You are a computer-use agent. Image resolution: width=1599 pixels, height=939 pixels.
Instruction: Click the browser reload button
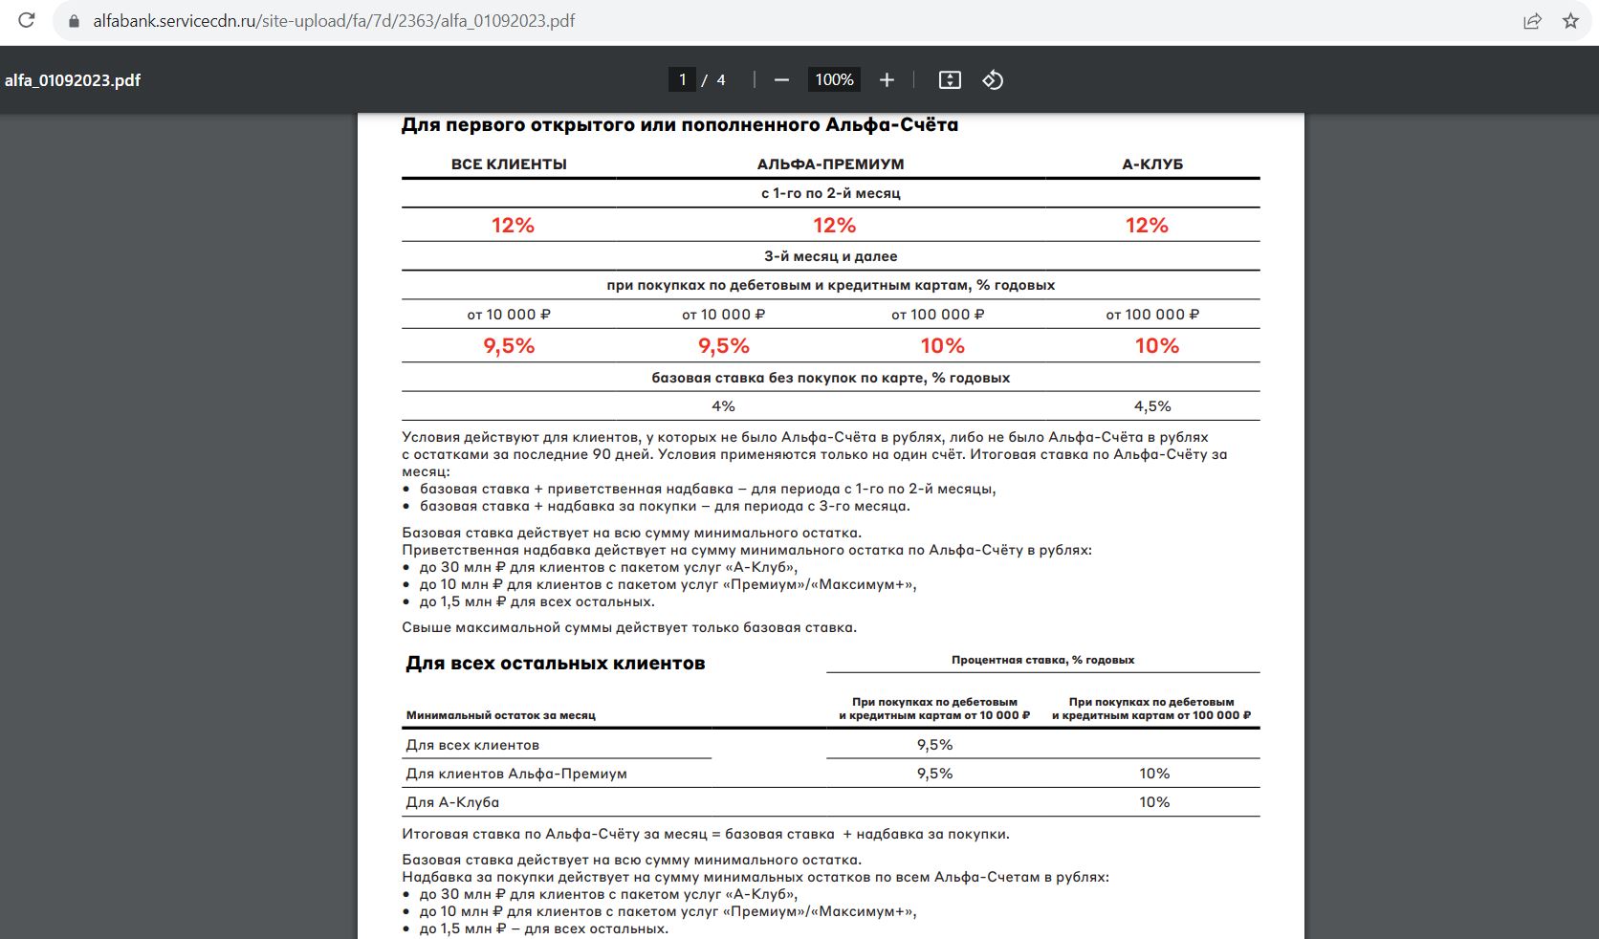27,20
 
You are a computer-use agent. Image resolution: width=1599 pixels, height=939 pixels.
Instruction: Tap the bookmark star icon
1570,20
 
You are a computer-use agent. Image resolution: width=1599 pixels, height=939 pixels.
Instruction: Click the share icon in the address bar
1532,20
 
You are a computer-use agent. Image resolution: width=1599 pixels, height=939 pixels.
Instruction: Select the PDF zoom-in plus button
887,80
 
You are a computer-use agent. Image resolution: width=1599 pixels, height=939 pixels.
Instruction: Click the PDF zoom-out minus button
781,80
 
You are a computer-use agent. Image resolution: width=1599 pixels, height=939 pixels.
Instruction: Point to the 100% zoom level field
834,80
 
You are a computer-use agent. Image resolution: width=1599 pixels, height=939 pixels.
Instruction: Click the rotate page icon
993,80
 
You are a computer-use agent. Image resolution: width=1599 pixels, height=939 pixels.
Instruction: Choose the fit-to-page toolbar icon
949,80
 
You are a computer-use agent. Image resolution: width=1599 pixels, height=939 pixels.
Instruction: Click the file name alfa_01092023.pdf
73,80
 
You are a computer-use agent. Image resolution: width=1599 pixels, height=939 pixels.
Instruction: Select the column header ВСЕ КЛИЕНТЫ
509,164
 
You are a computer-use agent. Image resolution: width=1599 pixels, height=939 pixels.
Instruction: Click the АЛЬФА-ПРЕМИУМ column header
830,164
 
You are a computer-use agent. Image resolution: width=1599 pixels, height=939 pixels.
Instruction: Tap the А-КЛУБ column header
1152,164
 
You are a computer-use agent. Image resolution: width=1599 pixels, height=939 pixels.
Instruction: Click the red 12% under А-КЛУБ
1147,226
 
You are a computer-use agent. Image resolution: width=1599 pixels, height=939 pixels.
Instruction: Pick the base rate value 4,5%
1152,406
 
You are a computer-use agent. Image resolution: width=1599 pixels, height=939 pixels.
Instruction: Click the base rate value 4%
723,406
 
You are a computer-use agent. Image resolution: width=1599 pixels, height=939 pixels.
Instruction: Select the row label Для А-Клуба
452,802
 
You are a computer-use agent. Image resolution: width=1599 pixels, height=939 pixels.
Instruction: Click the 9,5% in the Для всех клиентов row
934,745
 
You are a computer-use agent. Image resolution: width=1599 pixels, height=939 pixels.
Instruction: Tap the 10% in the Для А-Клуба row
1154,802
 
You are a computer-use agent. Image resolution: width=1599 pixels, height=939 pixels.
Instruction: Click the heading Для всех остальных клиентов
555,664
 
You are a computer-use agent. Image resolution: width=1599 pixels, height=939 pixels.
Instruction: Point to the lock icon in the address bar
75,20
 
